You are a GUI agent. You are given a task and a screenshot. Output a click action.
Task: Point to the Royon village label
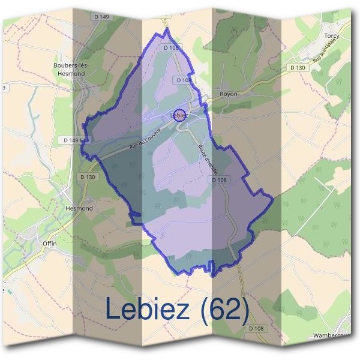pos(229,94)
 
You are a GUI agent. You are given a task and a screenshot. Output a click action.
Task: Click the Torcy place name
pos(331,36)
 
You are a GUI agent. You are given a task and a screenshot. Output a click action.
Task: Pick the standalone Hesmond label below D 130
pos(78,208)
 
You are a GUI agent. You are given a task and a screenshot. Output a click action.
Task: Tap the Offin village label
pos(49,243)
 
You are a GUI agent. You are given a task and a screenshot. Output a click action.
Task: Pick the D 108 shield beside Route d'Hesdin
pos(220,180)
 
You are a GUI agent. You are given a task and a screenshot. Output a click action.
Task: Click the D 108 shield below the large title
pos(255,328)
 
